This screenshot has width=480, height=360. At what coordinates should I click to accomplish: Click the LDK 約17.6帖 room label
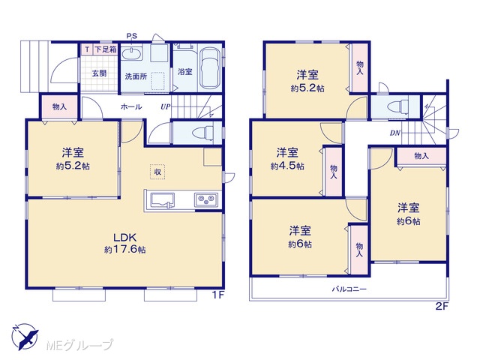click(125, 243)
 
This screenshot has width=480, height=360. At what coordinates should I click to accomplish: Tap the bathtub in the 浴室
click(209, 68)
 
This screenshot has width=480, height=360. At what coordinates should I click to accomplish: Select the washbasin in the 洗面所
click(132, 54)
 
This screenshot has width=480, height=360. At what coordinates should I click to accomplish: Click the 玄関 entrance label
click(99, 73)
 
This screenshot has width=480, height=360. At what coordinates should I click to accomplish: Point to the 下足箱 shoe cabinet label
click(105, 49)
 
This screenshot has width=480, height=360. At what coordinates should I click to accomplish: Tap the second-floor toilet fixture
click(397, 106)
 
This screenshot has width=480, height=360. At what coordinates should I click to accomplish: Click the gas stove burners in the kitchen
click(206, 199)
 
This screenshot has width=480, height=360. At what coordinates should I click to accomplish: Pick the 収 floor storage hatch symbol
click(157, 172)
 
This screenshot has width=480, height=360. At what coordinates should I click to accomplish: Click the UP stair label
click(165, 106)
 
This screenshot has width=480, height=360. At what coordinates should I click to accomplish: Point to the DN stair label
click(395, 133)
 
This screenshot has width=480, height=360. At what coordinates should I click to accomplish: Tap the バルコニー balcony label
click(349, 289)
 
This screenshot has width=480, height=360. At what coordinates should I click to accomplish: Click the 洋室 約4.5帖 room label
click(287, 158)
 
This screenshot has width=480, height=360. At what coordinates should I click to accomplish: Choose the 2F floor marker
click(442, 306)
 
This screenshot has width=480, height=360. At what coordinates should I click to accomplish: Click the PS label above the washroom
click(132, 36)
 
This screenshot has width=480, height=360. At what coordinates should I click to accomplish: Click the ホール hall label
click(131, 106)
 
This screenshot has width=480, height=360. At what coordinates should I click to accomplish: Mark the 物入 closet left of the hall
click(59, 106)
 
